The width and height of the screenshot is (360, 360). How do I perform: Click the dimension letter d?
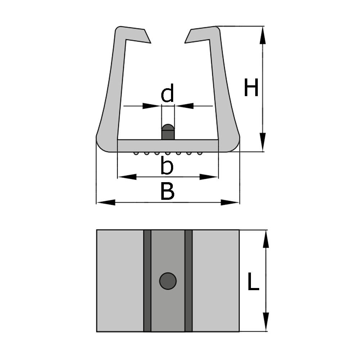(167, 94)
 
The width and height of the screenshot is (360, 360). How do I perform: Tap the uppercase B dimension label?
(167, 192)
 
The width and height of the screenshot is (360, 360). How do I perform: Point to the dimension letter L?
(253, 282)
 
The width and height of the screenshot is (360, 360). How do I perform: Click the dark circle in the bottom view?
(168, 281)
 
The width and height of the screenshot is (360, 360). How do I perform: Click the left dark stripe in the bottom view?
(147, 281)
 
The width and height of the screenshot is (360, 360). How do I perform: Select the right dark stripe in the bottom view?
(189, 281)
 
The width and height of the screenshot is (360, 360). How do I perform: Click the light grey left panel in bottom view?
(120, 281)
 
